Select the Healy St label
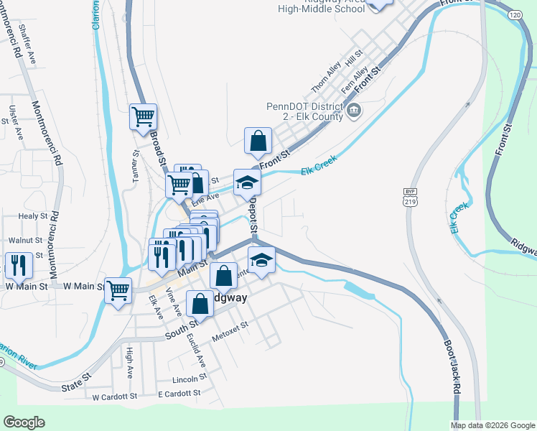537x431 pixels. [x=33, y=215]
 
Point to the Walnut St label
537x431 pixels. [x=26, y=241]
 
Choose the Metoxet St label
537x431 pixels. [x=230, y=331]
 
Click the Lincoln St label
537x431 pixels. [x=190, y=379]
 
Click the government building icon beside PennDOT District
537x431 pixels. [x=354, y=111]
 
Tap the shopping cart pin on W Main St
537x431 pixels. [x=118, y=291]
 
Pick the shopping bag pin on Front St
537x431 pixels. [x=257, y=141]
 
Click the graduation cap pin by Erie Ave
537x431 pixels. [x=247, y=182]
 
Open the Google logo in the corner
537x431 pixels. [x=24, y=422]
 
